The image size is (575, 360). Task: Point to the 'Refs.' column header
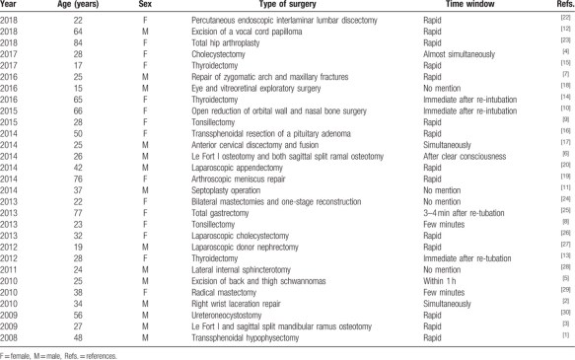[x=558, y=6]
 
